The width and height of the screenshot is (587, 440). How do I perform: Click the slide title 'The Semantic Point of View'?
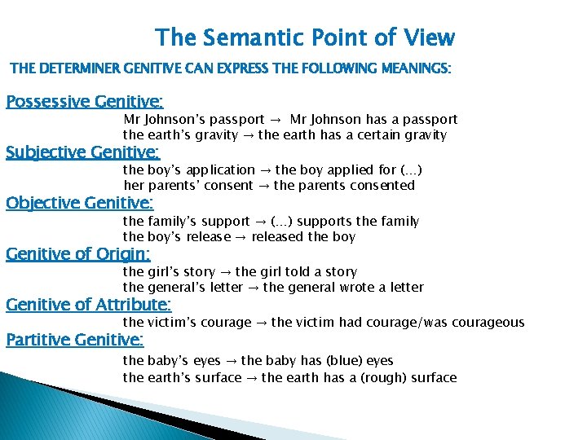pos(305,37)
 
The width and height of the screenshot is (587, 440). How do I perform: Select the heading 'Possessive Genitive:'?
pos(85,102)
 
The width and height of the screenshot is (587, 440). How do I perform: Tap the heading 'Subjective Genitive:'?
pos(83,152)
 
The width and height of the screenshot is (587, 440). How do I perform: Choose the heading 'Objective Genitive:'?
pos(80,203)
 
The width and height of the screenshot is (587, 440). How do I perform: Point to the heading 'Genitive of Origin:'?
pos(78,254)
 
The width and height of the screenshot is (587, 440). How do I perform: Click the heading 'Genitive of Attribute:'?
pos(88,305)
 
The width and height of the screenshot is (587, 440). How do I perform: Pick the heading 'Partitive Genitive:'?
pos(75,339)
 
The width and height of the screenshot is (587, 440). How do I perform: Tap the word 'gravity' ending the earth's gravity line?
pos(425,135)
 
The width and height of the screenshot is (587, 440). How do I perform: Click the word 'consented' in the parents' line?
pos(384,186)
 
